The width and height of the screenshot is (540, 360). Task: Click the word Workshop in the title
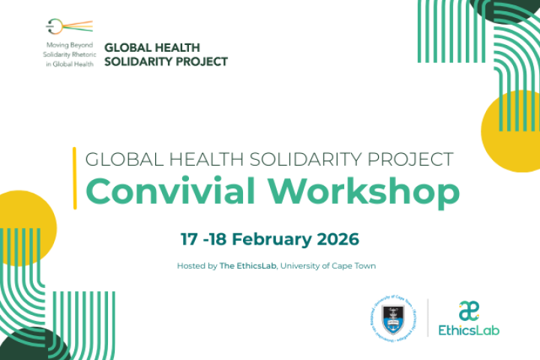coord(343,193)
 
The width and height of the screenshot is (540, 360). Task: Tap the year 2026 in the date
coord(336,239)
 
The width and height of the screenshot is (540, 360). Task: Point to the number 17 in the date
coord(189,239)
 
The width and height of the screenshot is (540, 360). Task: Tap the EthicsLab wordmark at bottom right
coord(469,329)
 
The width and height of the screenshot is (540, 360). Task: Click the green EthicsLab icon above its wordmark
coord(469,310)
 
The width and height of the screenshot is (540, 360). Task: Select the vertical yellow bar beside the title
coord(74,178)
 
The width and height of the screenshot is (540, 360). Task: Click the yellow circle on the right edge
coord(514,131)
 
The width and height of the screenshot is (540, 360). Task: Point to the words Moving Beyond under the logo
coord(68,45)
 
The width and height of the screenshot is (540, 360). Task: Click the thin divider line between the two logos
coord(427,317)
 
